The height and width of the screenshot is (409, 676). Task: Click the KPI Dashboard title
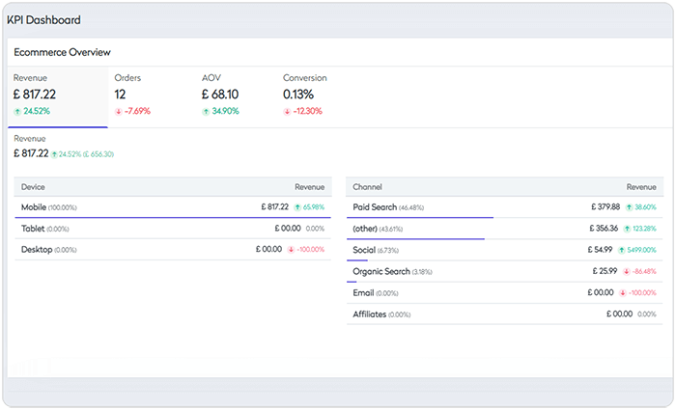click(x=43, y=19)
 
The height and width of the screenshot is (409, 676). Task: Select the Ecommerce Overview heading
click(x=62, y=52)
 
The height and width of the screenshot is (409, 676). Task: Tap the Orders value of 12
click(x=120, y=95)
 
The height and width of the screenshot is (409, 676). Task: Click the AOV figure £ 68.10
click(x=220, y=95)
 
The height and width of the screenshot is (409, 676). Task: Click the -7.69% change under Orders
click(x=136, y=111)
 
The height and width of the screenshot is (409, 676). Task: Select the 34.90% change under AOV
click(x=223, y=111)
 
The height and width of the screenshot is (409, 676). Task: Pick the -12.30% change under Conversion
click(x=306, y=111)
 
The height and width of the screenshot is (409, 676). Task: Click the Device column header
click(x=33, y=186)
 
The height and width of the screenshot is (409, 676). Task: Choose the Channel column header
click(x=368, y=186)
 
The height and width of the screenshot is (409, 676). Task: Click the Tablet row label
click(x=35, y=229)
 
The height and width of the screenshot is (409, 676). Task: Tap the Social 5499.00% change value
click(x=640, y=250)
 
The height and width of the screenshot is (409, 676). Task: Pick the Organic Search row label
click(x=381, y=272)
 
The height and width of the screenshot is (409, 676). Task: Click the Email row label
click(x=363, y=292)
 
